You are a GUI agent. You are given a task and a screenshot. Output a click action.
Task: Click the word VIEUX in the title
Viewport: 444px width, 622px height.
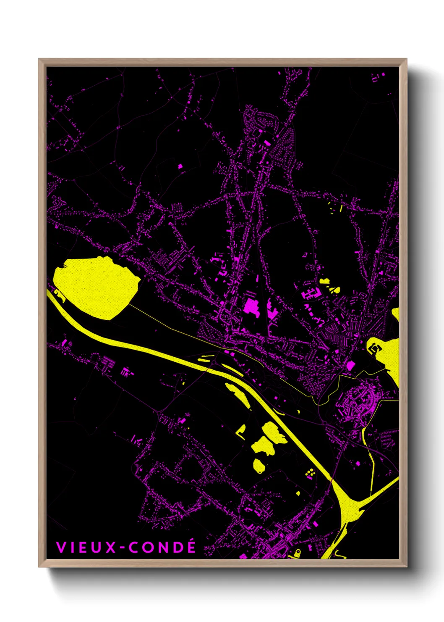tap(86, 547)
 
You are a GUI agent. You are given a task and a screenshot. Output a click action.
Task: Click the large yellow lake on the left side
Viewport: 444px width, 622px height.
tap(94, 286)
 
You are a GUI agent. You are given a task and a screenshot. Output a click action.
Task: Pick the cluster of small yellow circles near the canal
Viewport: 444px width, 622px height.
tap(311, 474)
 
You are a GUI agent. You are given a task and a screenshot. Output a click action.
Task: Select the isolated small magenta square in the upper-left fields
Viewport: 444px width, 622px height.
tap(180, 166)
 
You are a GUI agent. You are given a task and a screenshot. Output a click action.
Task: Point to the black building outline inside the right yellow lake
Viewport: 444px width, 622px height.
tap(375, 348)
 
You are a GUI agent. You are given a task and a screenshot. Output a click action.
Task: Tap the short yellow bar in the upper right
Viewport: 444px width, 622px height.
tap(341, 208)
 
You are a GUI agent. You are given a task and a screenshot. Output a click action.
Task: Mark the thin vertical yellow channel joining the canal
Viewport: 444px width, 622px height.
tap(371, 466)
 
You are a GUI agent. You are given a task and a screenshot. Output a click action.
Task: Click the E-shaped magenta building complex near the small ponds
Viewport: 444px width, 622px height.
tap(310, 293)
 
